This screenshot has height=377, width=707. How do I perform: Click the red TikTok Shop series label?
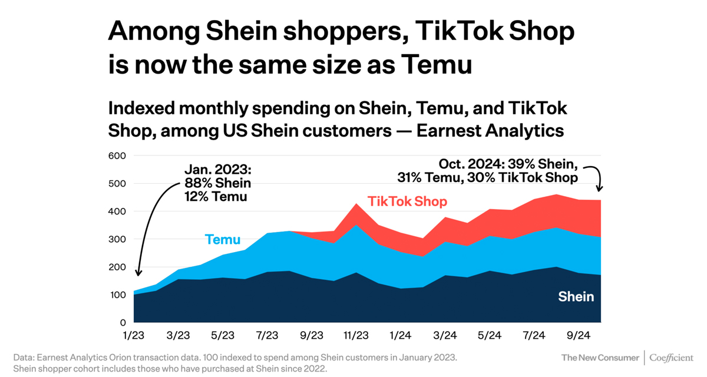[x=407, y=201]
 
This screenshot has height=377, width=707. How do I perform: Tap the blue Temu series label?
[x=223, y=239]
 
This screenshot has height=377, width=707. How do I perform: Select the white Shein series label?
[x=576, y=296]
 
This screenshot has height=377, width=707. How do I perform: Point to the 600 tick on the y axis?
[x=118, y=156]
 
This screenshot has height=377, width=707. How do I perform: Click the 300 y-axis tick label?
[x=118, y=239]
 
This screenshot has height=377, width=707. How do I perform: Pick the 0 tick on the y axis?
[x=123, y=323]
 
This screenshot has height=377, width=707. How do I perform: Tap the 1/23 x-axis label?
[x=134, y=336]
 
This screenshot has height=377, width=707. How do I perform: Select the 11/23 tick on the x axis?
[x=356, y=336]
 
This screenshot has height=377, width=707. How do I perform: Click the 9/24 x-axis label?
[x=578, y=336]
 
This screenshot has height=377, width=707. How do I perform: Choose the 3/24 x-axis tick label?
[x=445, y=336]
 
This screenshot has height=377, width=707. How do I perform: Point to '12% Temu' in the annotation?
[x=216, y=196]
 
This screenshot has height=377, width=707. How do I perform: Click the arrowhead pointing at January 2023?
[x=138, y=272]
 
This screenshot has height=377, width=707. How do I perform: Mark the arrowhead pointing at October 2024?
[x=600, y=188]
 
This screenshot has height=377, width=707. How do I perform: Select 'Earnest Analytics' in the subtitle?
[x=490, y=130]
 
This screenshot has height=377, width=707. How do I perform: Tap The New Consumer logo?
[x=600, y=358]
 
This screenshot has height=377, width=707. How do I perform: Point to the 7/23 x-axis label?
[x=267, y=336]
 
